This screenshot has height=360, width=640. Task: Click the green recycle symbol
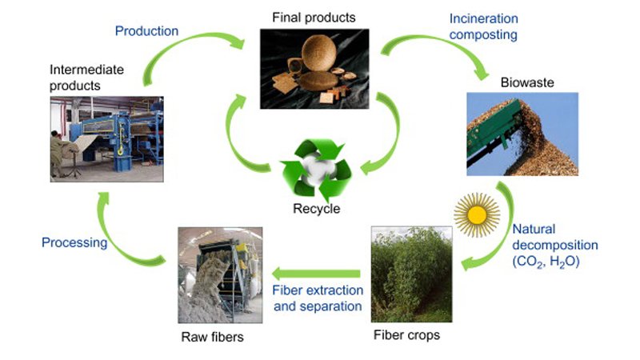click(315, 170)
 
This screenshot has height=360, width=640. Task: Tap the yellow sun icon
click(476, 214)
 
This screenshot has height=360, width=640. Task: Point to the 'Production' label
click(146, 31)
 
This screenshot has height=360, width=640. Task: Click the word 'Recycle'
click(315, 210)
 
